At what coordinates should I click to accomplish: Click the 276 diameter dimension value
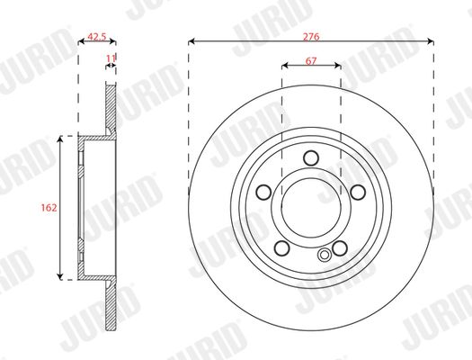coord(311,37)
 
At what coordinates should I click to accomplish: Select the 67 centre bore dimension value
coord(311,61)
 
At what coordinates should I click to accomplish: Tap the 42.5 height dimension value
coord(97,37)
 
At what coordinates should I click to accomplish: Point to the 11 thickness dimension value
coord(111,58)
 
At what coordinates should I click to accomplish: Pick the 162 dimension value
coord(49,208)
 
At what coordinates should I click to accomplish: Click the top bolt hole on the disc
coord(311,157)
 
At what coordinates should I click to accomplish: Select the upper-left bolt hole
coord(263,192)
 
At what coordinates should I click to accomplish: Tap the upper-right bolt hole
coord(358,192)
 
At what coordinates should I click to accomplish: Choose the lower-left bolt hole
coord(282,247)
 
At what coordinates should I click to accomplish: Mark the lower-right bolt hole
coord(340,247)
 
